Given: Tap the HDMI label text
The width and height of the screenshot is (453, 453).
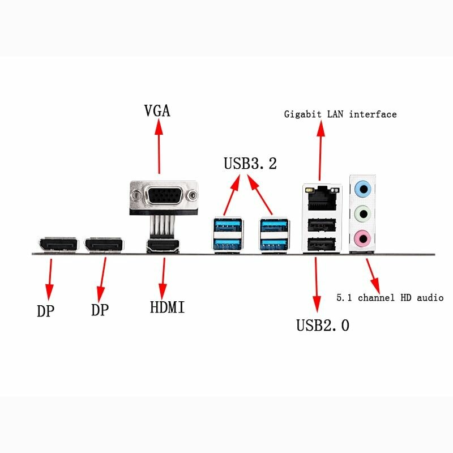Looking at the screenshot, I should [167, 307].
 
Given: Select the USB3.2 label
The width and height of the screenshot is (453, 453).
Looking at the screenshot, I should [250, 164].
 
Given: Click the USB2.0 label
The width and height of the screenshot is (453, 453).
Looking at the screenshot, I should [323, 326].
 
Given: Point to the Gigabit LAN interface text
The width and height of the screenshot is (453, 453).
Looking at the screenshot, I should [340, 114].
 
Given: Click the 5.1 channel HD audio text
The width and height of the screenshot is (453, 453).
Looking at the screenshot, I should [390, 297].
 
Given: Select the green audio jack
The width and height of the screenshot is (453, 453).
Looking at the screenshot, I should [362, 213].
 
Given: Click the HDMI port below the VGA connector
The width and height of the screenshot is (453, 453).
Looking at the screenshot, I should [163, 246].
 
